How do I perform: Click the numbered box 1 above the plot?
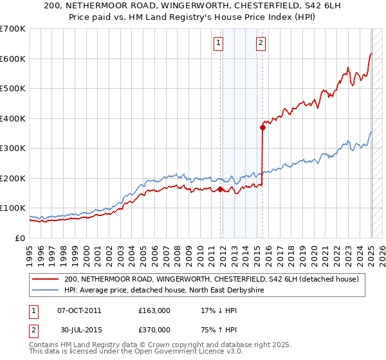(x=219, y=44)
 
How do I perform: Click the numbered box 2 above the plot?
(x=261, y=44)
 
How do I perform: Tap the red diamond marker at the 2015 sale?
(x=262, y=127)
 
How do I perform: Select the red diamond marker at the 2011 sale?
(x=220, y=189)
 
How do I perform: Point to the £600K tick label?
(x=13, y=59)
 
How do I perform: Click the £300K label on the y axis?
(x=13, y=148)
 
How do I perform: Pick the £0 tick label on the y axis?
(x=20, y=238)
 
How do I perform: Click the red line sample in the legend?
(x=45, y=279)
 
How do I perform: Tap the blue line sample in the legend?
(x=45, y=290)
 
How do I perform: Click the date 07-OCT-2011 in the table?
(x=79, y=310)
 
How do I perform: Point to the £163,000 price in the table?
(x=154, y=310)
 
